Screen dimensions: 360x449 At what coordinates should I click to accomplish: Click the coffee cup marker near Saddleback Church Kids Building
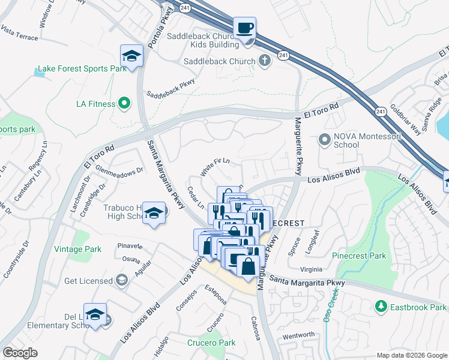pos(244,28)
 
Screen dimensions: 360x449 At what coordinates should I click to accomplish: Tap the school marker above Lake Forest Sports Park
pos(131,56)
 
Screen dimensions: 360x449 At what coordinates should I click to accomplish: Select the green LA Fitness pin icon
pos(124,104)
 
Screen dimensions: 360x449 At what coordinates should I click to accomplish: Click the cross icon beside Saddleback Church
pos(264,60)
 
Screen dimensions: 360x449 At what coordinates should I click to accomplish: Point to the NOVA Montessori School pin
pos(325,140)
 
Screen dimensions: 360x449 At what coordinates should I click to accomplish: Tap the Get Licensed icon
pos(122,281)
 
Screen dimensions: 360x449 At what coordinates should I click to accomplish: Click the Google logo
pos(20,353)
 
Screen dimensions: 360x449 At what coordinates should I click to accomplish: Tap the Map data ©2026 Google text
pos(412,355)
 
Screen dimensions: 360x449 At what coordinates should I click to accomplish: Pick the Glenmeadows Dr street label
pos(119,170)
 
